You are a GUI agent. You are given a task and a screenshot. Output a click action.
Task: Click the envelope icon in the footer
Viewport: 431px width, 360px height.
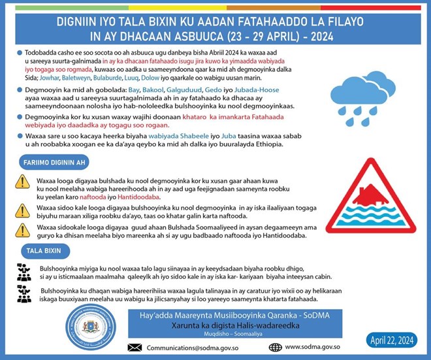(135, 347)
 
